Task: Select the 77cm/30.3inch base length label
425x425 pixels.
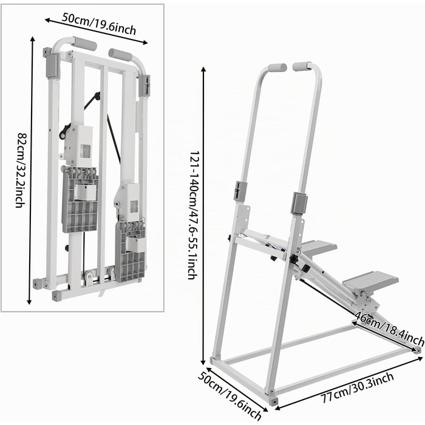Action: pyautogui.click(x=357, y=387)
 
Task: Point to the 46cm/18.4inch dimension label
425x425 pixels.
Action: pyautogui.click(x=389, y=328)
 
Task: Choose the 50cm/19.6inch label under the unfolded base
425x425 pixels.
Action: pyautogui.click(x=229, y=396)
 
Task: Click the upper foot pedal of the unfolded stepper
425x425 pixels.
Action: pyautogui.click(x=319, y=246)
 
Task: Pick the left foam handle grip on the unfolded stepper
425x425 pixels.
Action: pyautogui.click(x=277, y=67)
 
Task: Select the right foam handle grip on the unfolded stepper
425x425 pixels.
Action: pyautogui.click(x=302, y=66)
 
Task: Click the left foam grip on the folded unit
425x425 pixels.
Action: pyautogui.click(x=85, y=44)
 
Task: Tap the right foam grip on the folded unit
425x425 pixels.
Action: pyautogui.click(x=120, y=55)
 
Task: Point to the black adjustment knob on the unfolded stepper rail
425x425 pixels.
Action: pyautogui.click(x=294, y=259)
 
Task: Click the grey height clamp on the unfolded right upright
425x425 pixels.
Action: pyautogui.click(x=299, y=202)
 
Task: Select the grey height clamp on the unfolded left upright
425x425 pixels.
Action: pyautogui.click(x=240, y=191)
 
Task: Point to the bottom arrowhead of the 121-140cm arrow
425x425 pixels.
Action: pyautogui.click(x=203, y=363)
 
